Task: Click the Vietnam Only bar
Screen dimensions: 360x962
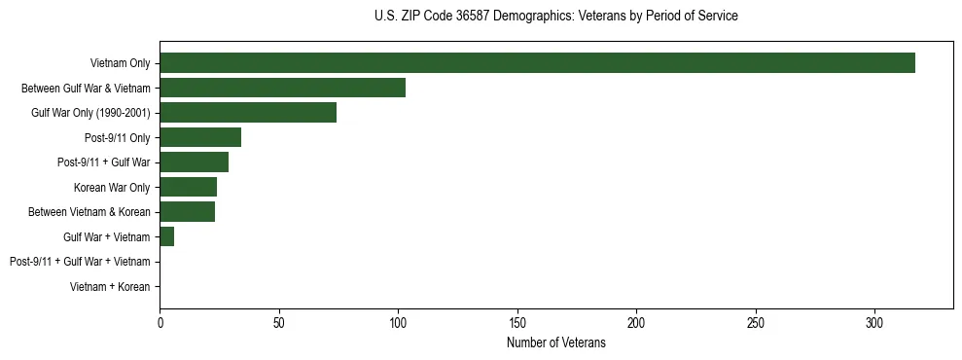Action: click(x=537, y=62)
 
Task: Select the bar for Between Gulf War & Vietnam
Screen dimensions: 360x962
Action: click(x=282, y=88)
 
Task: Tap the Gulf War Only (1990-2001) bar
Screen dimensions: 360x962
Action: click(x=248, y=112)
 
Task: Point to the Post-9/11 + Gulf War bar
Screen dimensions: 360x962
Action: click(x=194, y=162)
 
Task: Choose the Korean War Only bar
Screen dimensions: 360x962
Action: click(x=188, y=187)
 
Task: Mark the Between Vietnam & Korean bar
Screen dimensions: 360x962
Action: click(x=187, y=211)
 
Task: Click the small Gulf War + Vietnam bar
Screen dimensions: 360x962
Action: click(x=166, y=236)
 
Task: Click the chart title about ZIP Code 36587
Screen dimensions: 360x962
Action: click(x=555, y=17)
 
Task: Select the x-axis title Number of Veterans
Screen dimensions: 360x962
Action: click(x=555, y=343)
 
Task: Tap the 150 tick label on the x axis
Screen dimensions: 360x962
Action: click(x=517, y=322)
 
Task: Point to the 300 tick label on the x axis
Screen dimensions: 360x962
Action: click(x=874, y=322)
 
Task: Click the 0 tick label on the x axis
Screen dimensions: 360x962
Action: click(x=160, y=322)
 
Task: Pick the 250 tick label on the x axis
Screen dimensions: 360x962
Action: click(x=756, y=322)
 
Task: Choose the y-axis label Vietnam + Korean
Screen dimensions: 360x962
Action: click(x=110, y=287)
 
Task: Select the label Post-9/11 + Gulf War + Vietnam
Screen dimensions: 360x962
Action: click(x=80, y=262)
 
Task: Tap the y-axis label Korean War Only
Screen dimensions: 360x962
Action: click(x=112, y=187)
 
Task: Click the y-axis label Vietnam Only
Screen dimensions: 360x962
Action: click(x=120, y=63)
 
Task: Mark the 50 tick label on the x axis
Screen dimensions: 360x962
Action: click(x=279, y=322)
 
